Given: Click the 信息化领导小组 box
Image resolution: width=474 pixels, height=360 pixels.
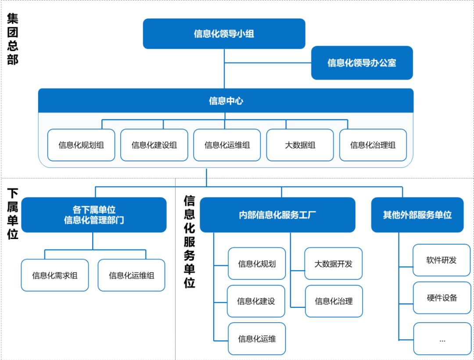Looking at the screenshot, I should (x=224, y=34).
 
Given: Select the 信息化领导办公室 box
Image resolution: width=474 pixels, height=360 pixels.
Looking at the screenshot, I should (x=362, y=63).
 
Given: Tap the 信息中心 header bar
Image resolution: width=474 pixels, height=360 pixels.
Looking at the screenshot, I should (x=226, y=101).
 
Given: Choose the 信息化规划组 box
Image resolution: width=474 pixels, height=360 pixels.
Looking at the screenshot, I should (x=81, y=145).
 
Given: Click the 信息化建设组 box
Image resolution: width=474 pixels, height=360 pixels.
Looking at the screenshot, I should (x=154, y=145).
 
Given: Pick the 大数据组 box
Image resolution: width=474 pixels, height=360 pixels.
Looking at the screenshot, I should (x=300, y=145).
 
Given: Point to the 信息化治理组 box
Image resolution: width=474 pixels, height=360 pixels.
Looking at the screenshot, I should (x=373, y=145).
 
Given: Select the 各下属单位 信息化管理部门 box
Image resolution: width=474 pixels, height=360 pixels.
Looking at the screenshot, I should (x=94, y=215).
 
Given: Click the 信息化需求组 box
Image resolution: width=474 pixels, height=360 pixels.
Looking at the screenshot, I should (x=55, y=275).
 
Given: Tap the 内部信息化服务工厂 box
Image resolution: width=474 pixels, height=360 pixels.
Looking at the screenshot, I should (x=277, y=215).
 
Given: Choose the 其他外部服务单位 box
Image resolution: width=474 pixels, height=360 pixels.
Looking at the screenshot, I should (x=417, y=215).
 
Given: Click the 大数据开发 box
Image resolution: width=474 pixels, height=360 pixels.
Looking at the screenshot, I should (x=334, y=264).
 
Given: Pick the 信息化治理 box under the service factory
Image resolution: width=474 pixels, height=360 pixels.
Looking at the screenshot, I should (x=334, y=301).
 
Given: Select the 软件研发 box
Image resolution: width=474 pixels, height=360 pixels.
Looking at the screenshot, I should (x=442, y=260).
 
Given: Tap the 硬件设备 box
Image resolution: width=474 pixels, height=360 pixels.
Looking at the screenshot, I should (x=442, y=298).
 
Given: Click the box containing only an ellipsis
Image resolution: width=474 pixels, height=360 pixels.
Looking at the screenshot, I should (x=442, y=339).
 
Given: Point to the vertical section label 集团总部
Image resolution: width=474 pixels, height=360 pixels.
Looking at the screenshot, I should (x=13, y=39).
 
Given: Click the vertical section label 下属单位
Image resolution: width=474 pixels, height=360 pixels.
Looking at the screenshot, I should (x=13, y=214).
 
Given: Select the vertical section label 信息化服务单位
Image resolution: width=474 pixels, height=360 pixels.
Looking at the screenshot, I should (x=189, y=242).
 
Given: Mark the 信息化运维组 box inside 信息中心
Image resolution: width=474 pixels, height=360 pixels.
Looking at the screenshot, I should (x=227, y=145).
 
